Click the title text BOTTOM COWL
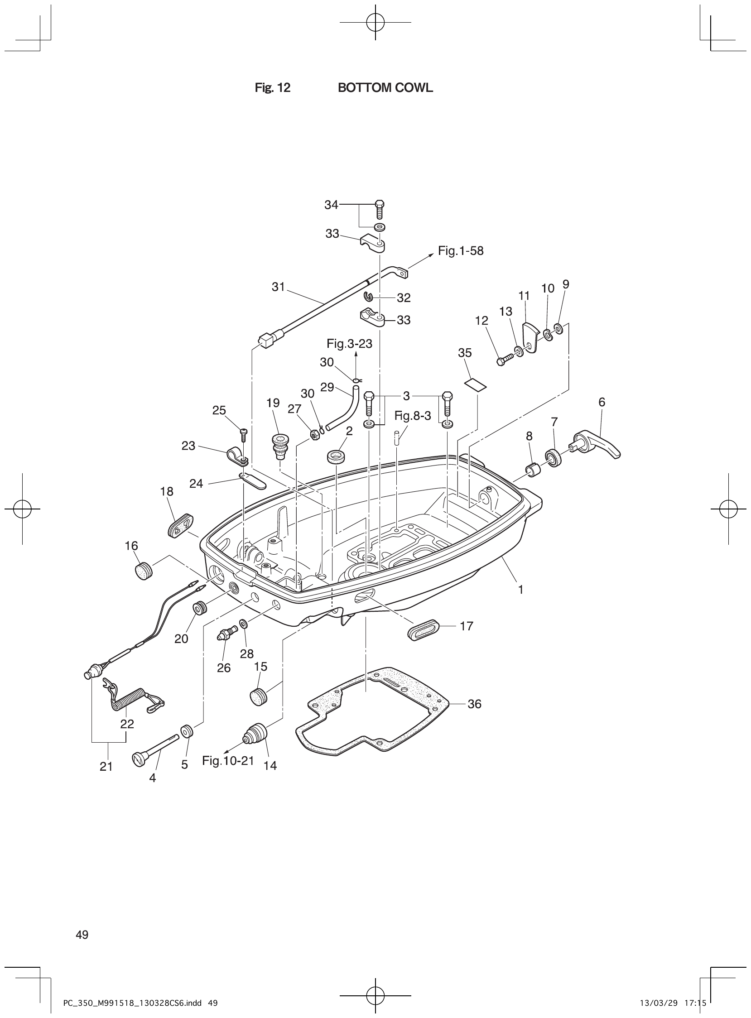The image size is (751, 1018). tap(385, 88)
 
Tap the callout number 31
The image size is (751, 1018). tap(278, 287)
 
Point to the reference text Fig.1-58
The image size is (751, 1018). tap(461, 251)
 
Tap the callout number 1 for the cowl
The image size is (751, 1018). tap(520, 590)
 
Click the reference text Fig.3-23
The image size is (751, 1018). tap(349, 344)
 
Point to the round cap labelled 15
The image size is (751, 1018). tap(258, 695)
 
